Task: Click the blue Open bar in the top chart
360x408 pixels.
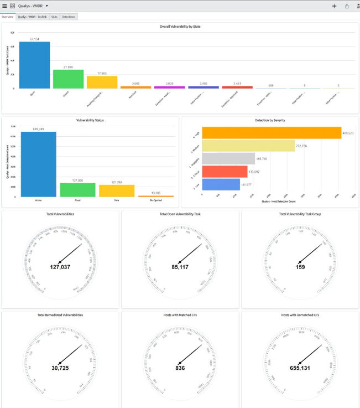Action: click(34, 65)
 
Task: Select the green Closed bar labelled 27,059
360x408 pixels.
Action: click(68, 79)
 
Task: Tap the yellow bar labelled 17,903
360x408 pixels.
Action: click(102, 82)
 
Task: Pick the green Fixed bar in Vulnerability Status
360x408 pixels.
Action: click(77, 190)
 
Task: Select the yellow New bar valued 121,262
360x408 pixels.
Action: click(117, 191)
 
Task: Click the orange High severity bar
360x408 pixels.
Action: click(271, 133)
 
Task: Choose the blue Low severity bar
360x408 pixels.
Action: click(221, 184)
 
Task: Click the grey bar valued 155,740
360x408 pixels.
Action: click(228, 158)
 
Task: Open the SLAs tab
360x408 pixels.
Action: click(54, 17)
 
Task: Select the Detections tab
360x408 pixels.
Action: click(69, 17)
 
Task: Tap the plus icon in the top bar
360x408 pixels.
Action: click(334, 6)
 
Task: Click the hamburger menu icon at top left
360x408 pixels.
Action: click(4, 6)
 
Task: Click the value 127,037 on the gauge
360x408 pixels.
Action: click(60, 267)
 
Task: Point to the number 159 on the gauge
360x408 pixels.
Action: click(300, 267)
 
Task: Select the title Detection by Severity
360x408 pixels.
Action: click(270, 120)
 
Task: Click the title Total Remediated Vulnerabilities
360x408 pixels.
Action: click(60, 315)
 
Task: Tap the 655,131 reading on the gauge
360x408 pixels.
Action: click(300, 368)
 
